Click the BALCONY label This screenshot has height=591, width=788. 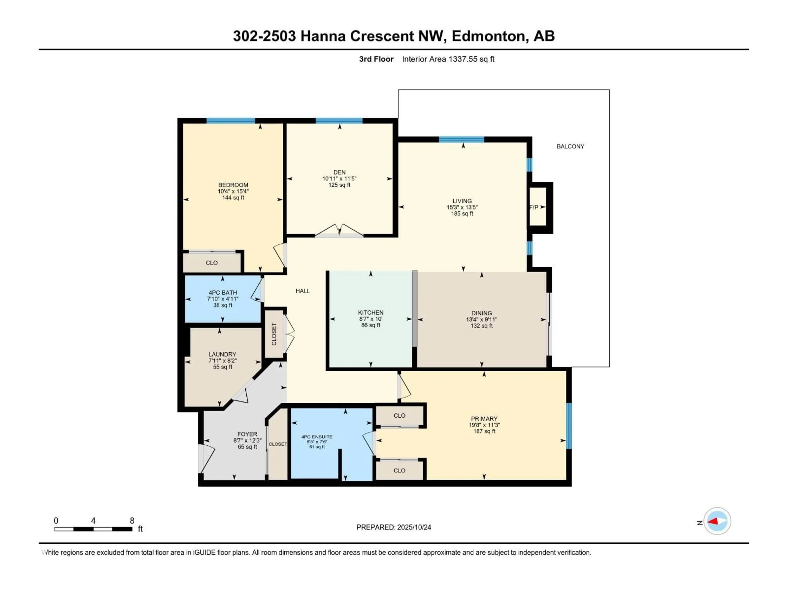pyautogui.click(x=570, y=146)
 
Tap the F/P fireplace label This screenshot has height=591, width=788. pyautogui.click(x=534, y=207)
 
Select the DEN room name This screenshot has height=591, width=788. pyautogui.click(x=339, y=172)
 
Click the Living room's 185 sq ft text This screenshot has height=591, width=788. pyautogui.click(x=462, y=214)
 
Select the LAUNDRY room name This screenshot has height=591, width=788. pyautogui.click(x=222, y=354)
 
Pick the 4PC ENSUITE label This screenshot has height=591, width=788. pyautogui.click(x=317, y=437)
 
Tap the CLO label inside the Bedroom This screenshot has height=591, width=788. pyautogui.click(x=212, y=263)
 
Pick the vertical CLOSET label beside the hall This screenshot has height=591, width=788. pyautogui.click(x=274, y=334)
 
